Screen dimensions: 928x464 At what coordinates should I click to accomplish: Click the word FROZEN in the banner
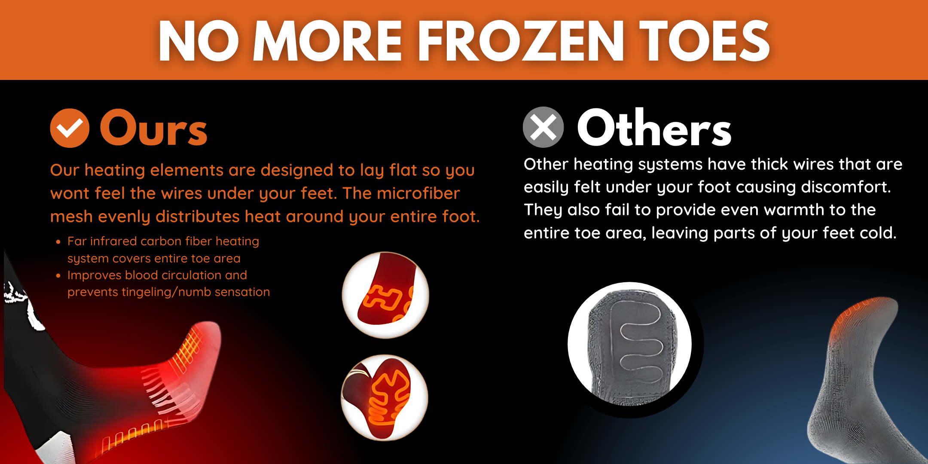point(521,41)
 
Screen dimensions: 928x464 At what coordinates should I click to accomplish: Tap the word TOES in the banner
point(705,41)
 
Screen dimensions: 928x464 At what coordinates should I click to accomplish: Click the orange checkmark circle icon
point(70,128)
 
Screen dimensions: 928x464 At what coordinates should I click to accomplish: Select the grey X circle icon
point(543,127)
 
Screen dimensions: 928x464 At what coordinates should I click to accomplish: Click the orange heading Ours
point(153,128)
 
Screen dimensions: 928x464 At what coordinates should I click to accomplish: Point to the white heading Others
point(654,127)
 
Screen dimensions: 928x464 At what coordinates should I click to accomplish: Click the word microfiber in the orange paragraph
point(418,193)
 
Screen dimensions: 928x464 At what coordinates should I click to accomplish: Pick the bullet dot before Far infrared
point(58,242)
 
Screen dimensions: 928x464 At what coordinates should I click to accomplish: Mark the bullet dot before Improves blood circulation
point(58,276)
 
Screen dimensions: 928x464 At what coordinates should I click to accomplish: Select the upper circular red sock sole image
point(385,295)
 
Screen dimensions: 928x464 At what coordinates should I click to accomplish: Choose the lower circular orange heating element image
point(385,397)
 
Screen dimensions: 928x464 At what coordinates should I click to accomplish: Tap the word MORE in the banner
point(327,41)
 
